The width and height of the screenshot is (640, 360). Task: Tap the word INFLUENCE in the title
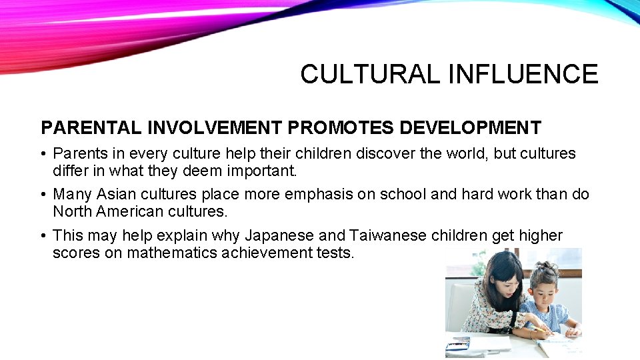523,74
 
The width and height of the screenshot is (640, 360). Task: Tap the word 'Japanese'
278,236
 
